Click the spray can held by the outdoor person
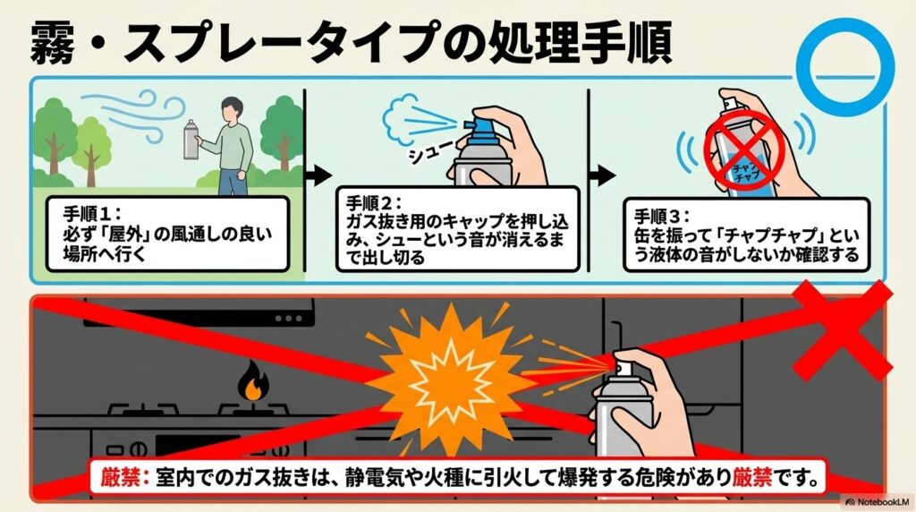pos(190,140)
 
